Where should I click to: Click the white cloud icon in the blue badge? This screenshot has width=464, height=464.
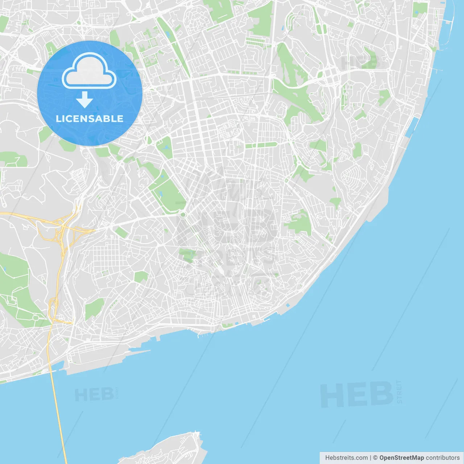point(89,71)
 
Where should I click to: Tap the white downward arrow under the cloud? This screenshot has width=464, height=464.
point(84,99)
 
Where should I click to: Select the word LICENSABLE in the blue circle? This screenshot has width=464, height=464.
point(90,119)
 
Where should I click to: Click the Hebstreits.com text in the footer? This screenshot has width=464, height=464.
point(346,458)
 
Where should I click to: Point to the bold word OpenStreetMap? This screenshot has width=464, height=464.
point(401,458)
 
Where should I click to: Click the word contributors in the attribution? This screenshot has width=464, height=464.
point(443,458)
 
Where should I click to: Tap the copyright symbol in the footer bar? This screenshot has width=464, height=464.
point(376,458)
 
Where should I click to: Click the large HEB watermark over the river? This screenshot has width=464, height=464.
point(357,395)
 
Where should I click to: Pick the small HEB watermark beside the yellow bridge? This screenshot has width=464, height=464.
point(94,395)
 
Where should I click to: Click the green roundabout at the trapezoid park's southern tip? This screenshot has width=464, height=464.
point(183,215)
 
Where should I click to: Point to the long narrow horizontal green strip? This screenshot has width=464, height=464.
point(261,146)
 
